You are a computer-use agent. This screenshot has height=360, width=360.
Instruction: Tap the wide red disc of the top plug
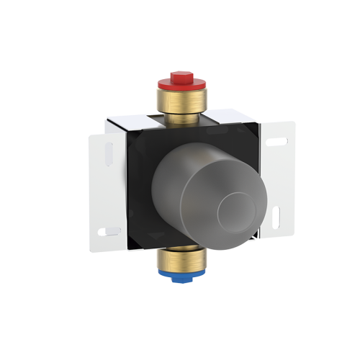[x=180, y=83]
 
